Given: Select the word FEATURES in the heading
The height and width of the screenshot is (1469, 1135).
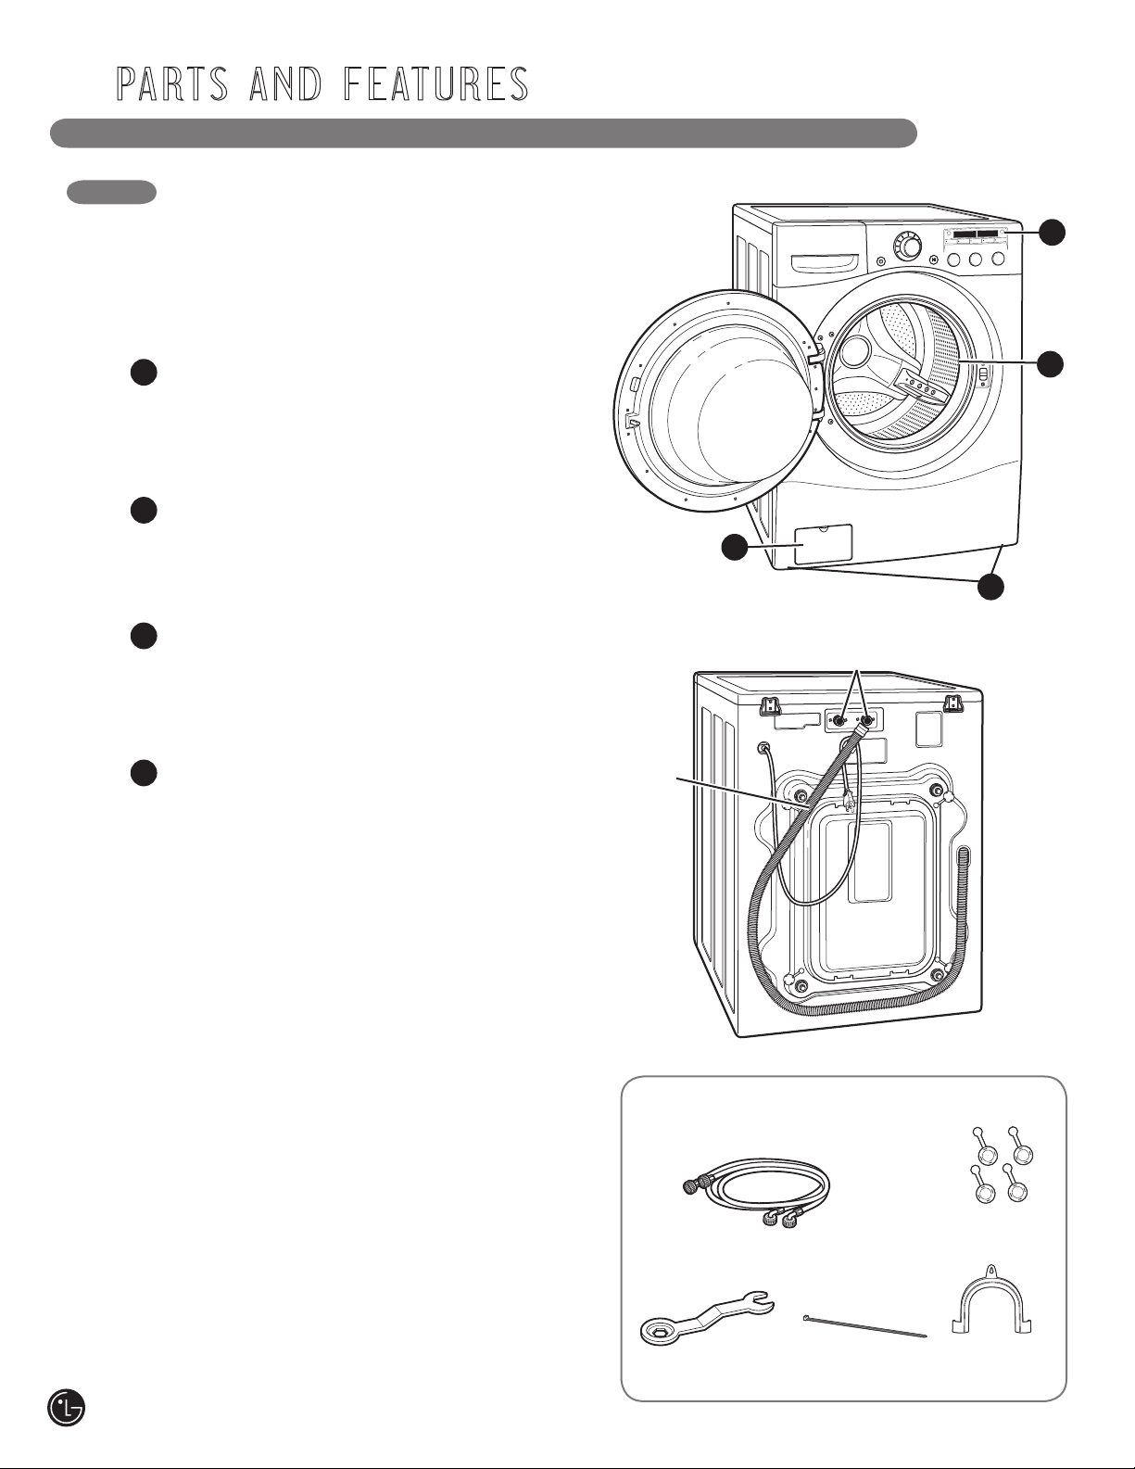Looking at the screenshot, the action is (435, 83).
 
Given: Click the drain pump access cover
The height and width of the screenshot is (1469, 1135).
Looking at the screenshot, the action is (823, 544).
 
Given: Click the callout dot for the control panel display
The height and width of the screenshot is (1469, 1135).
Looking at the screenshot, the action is (1052, 232).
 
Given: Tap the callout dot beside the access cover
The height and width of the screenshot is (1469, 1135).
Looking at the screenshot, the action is (735, 548).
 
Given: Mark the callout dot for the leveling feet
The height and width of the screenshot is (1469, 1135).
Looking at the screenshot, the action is (990, 586).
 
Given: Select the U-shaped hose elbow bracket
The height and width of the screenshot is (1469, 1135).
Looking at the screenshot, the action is (990, 1301).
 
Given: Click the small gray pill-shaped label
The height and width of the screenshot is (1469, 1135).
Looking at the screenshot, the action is (111, 191).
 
